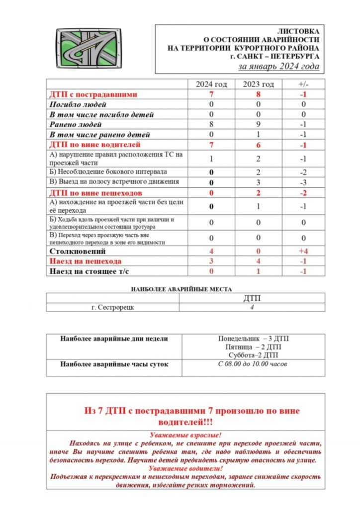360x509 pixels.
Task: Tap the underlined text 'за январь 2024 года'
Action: coord(279,67)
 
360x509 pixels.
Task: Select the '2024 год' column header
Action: coord(211,84)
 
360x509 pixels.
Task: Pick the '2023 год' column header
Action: coord(258,84)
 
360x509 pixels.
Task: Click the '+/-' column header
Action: coord(303,84)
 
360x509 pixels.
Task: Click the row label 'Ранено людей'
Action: coord(75,125)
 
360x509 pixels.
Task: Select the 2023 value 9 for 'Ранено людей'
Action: coord(258,125)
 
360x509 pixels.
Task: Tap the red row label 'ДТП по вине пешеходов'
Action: coord(95,192)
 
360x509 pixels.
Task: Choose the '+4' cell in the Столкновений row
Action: coord(303,251)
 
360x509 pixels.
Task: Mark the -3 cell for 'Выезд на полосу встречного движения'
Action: coord(303,182)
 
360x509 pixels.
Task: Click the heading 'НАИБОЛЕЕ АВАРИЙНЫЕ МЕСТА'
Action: coord(181,289)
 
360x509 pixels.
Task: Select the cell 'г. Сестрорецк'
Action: coord(113,307)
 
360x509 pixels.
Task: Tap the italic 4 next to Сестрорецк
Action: coord(252,307)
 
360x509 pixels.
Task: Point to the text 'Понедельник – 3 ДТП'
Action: coord(253,339)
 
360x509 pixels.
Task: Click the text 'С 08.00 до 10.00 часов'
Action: coord(253,364)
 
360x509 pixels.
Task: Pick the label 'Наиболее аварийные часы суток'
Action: coord(114,364)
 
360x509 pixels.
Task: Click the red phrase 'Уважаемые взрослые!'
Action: coord(185,434)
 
